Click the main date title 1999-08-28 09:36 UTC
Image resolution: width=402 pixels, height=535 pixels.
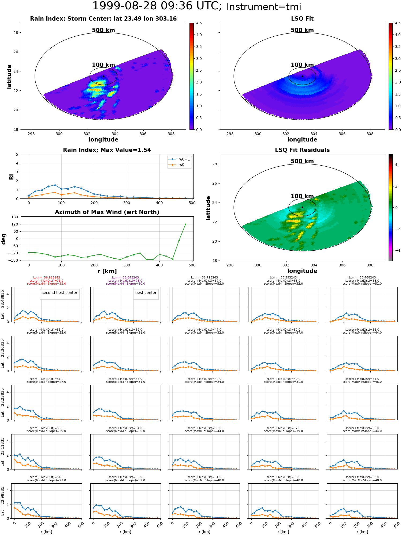(157, 6)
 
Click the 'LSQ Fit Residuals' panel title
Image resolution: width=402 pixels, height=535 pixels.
(302, 150)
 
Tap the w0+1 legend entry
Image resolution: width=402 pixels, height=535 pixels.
(179, 159)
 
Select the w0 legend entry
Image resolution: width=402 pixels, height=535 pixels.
(177, 165)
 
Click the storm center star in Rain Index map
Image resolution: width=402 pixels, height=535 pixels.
(103, 77)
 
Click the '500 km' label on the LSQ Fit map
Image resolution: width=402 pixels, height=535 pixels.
(302, 30)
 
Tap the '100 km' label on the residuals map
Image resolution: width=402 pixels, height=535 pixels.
(302, 196)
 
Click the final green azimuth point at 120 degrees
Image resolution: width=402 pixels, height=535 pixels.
(185, 224)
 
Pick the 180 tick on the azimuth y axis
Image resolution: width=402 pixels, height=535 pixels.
(15, 217)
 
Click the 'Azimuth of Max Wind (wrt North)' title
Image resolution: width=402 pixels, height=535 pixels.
(107, 212)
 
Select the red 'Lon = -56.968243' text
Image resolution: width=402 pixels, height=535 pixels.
(47, 278)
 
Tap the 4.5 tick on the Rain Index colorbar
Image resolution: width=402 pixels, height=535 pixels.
(199, 23)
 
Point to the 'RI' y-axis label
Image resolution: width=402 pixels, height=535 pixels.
(12, 177)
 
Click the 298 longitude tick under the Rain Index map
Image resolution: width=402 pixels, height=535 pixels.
(31, 134)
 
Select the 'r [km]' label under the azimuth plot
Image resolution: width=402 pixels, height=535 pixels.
(107, 271)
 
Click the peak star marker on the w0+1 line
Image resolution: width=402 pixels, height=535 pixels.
(55, 185)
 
